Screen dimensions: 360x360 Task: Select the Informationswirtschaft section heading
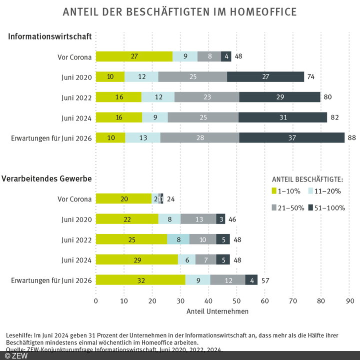point(49,36)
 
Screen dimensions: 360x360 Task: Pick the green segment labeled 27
point(134,56)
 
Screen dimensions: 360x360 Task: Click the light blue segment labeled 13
point(142,137)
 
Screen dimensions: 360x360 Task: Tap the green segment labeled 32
point(140,280)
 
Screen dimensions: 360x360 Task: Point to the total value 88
point(352,137)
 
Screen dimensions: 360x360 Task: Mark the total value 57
point(265,280)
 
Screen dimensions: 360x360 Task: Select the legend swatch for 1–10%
point(274,191)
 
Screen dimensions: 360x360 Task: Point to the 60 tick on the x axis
point(265,301)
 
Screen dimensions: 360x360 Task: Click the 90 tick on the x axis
point(349,301)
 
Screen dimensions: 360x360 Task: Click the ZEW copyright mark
point(16,355)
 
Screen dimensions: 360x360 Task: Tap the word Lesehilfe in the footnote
point(18,334)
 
